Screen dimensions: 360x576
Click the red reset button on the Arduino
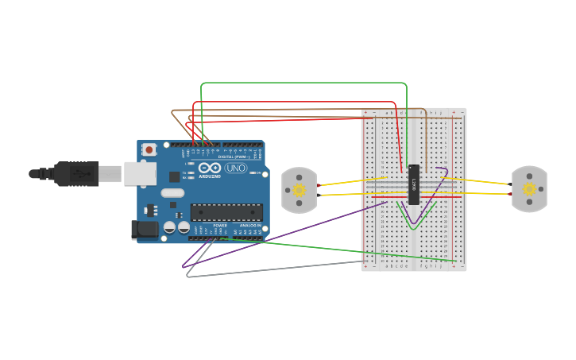pyautogui.click(x=149, y=149)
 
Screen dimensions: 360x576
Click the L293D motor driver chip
pyautogui.click(x=414, y=184)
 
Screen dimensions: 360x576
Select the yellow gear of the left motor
pyautogui.click(x=299, y=190)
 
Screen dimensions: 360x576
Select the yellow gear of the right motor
pyautogui.click(x=529, y=189)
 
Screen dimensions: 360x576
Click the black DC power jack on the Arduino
pyautogui.click(x=144, y=230)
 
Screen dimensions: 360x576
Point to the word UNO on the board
pyautogui.click(x=236, y=168)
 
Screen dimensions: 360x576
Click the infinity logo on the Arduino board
pyautogui.click(x=209, y=168)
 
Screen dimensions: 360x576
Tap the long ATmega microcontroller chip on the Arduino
pyautogui.click(x=226, y=212)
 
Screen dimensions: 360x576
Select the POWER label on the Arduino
pyautogui.click(x=220, y=226)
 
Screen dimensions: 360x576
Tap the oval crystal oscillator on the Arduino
pyautogui.click(x=172, y=192)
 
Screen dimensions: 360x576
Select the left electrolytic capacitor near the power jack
pyautogui.click(x=169, y=227)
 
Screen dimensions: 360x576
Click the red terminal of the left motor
pyautogui.click(x=319, y=186)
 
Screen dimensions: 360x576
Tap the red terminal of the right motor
pyautogui.click(x=509, y=192)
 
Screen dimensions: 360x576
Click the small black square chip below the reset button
pyautogui.click(x=174, y=176)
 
